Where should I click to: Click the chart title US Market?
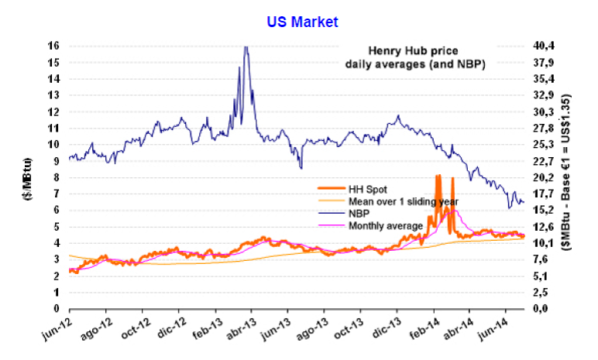tap(303, 22)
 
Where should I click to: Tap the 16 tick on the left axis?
tap(53, 46)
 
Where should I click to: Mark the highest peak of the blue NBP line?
tap(246, 46)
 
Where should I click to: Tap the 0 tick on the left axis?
tap(57, 309)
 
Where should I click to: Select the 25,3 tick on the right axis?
tap(543, 145)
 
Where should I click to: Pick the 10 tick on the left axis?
tap(53, 145)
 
